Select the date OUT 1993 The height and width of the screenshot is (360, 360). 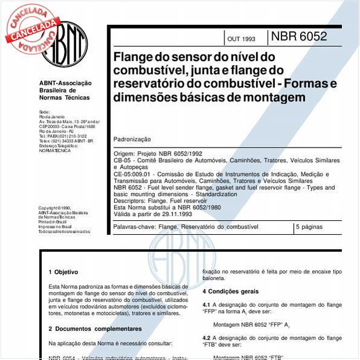point(241,39)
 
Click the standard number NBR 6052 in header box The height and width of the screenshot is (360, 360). point(299,36)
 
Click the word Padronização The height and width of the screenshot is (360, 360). point(133,139)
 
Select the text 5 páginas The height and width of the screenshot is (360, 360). point(310,227)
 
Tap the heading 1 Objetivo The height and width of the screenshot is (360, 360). point(64,272)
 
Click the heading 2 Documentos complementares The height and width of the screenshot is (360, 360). point(95,329)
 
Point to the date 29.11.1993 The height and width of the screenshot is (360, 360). point(175,214)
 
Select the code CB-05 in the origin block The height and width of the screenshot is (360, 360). point(122,160)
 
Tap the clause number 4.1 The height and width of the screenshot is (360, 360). point(206,304)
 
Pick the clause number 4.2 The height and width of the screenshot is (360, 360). point(206,338)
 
